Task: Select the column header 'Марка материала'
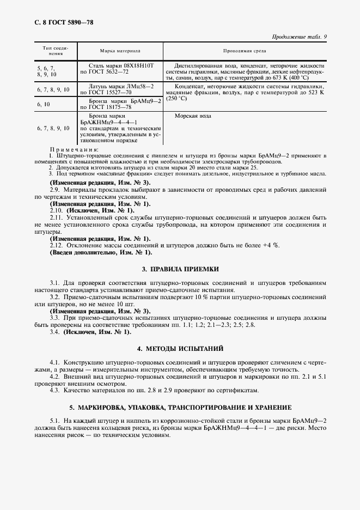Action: pos(120,50)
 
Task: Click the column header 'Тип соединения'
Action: pos(55,51)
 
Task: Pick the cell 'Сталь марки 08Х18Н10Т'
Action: pos(121,65)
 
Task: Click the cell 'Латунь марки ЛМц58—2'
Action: pos(121,86)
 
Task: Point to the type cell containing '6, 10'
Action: pos(44,104)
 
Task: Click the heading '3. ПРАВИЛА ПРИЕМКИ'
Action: pos(180,269)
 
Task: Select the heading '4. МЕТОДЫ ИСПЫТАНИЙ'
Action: pos(180,348)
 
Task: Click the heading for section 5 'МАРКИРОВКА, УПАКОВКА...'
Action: pos(180,407)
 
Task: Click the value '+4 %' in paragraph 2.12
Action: pos(270,245)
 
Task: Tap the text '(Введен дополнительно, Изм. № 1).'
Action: pos(101,252)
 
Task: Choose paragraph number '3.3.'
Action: pos(54,317)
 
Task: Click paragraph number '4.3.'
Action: pos(54,390)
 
